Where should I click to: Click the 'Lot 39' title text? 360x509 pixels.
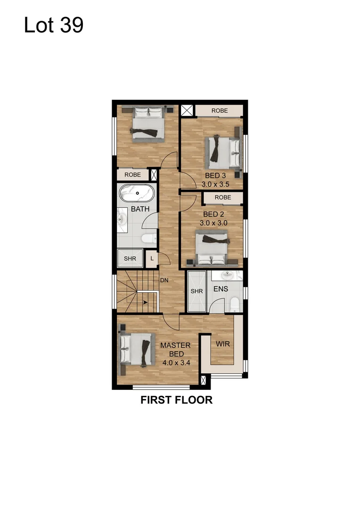[x=53, y=25]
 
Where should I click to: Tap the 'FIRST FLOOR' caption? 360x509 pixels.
[x=177, y=400]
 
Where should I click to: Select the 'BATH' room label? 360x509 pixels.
[x=140, y=209]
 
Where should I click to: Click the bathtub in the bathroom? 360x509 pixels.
[x=137, y=194]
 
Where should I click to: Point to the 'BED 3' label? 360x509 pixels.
[x=214, y=176]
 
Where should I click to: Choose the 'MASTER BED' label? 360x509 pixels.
[x=175, y=349]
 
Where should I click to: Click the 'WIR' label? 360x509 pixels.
[x=222, y=344]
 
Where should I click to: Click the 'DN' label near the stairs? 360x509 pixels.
[x=164, y=280]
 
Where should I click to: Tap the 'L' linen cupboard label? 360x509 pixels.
[x=152, y=258]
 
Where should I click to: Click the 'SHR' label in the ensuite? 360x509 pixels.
[x=196, y=291]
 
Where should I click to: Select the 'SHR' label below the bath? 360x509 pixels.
[x=130, y=259]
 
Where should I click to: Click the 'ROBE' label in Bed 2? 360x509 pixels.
[x=223, y=197]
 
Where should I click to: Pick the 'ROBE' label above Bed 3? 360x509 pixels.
[x=220, y=111]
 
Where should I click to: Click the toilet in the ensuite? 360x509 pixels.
[x=234, y=304]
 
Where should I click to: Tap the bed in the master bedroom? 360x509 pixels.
[x=138, y=349]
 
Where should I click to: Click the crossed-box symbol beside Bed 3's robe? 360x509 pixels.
[x=187, y=111]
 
